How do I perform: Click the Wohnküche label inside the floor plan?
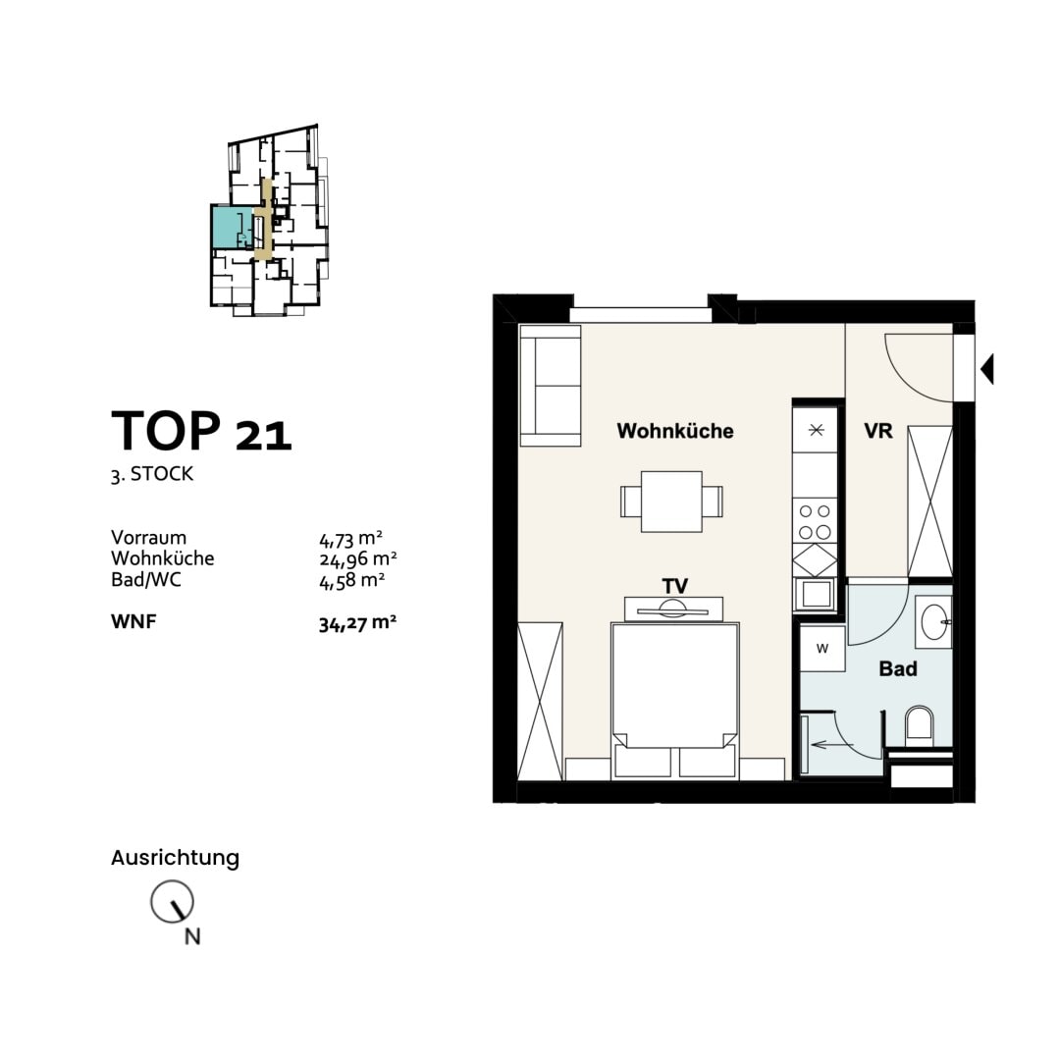point(674,431)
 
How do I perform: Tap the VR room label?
point(878,431)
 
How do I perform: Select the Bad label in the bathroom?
point(898,668)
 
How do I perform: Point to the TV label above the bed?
point(674,585)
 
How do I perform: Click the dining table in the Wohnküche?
point(671,502)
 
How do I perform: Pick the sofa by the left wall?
point(551,386)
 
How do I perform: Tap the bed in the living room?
point(674,701)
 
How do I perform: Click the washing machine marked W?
point(822,649)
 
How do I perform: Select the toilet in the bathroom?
point(919,726)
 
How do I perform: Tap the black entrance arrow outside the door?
point(987,369)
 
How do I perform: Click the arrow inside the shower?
point(833,745)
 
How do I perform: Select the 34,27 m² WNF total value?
point(357,622)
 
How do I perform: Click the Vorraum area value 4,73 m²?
point(350,539)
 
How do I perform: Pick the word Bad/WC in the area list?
point(146,580)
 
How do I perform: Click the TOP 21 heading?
point(201,431)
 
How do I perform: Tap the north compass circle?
point(172,901)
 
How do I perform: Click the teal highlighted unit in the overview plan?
point(232,227)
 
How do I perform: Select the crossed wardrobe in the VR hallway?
point(929,501)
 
